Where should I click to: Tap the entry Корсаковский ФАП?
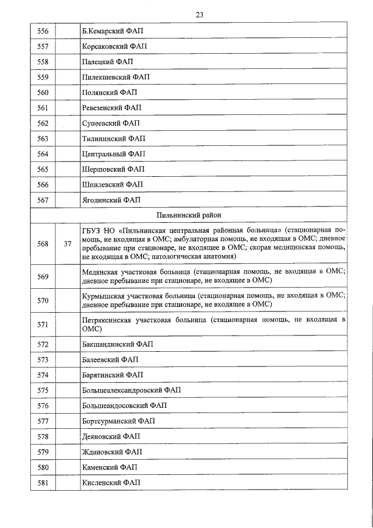[x=112, y=46]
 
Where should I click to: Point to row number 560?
[x=43, y=92]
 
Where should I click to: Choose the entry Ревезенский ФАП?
[x=112, y=107]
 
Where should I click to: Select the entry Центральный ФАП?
[x=113, y=154]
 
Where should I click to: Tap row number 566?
[x=43, y=184]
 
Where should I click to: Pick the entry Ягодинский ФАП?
[x=111, y=200]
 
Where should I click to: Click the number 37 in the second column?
[x=68, y=244]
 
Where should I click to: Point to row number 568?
[x=43, y=244]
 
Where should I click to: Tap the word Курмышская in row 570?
[x=103, y=296]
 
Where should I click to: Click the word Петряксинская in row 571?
[x=107, y=321]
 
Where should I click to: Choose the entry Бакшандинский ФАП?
[x=115, y=344]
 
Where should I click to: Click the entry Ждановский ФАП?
[x=112, y=452]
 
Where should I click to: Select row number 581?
[x=43, y=482]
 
